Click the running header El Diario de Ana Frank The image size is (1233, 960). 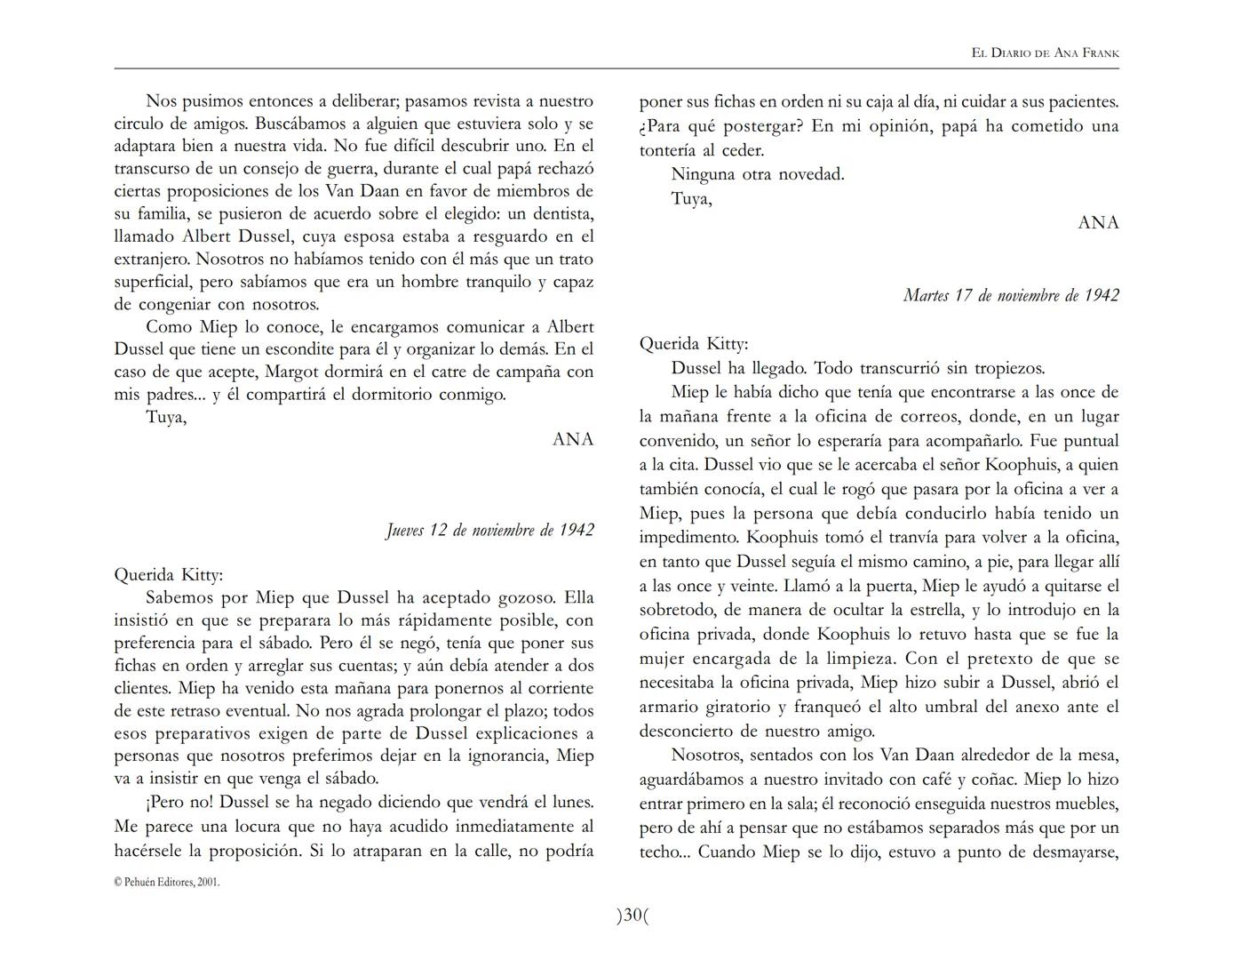[1045, 53]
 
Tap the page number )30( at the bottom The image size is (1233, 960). [632, 915]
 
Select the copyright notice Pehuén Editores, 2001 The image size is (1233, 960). [167, 883]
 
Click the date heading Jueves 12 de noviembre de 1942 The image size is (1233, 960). [489, 531]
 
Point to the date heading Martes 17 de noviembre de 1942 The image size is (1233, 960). [1010, 295]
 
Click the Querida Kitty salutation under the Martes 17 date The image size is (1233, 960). [694, 344]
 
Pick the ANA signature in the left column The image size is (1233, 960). [573, 439]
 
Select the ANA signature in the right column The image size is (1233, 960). [1098, 223]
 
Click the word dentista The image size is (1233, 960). [561, 213]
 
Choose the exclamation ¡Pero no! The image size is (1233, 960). [179, 802]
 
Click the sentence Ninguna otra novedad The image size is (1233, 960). [758, 174]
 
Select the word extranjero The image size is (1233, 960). [152, 260]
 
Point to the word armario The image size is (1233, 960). [672, 707]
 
